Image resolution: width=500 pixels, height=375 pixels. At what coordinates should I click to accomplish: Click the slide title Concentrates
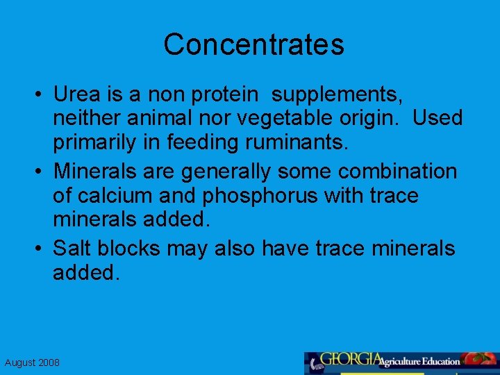point(253,45)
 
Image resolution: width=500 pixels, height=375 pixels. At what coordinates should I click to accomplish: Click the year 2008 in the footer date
point(48,362)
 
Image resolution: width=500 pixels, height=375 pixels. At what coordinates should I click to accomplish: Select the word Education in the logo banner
point(437,361)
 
